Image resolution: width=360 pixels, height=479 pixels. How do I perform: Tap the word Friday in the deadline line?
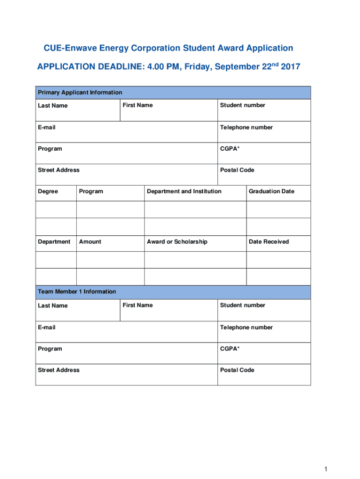tap(199, 67)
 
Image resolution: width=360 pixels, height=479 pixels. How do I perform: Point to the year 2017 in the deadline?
tap(290, 67)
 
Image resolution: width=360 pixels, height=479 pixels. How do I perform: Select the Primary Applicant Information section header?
tap(80, 93)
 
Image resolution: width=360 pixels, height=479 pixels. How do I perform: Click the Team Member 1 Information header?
tap(77, 292)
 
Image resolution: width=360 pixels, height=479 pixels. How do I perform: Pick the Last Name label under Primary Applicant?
tap(52, 106)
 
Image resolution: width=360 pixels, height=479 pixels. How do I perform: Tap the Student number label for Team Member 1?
tap(243, 305)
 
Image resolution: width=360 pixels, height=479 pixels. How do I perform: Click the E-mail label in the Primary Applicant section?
tap(47, 128)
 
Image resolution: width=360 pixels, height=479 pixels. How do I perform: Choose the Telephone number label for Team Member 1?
tap(246, 327)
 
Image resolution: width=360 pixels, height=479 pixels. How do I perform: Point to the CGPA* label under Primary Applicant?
tap(230, 149)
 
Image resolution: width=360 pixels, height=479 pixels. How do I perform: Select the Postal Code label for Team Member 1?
tap(237, 370)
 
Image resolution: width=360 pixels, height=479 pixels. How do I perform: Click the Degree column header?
tap(48, 191)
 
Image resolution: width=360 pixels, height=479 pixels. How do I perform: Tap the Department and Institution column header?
tap(184, 191)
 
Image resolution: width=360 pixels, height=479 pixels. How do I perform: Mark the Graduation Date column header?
tap(272, 191)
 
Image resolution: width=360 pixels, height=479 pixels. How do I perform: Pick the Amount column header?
tap(90, 242)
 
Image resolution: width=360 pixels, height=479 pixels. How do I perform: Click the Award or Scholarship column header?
tap(177, 242)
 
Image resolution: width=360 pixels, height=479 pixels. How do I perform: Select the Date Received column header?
tap(269, 242)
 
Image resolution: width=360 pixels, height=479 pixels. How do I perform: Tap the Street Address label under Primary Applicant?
tap(58, 170)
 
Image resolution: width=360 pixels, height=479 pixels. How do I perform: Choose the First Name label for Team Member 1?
tap(137, 305)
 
